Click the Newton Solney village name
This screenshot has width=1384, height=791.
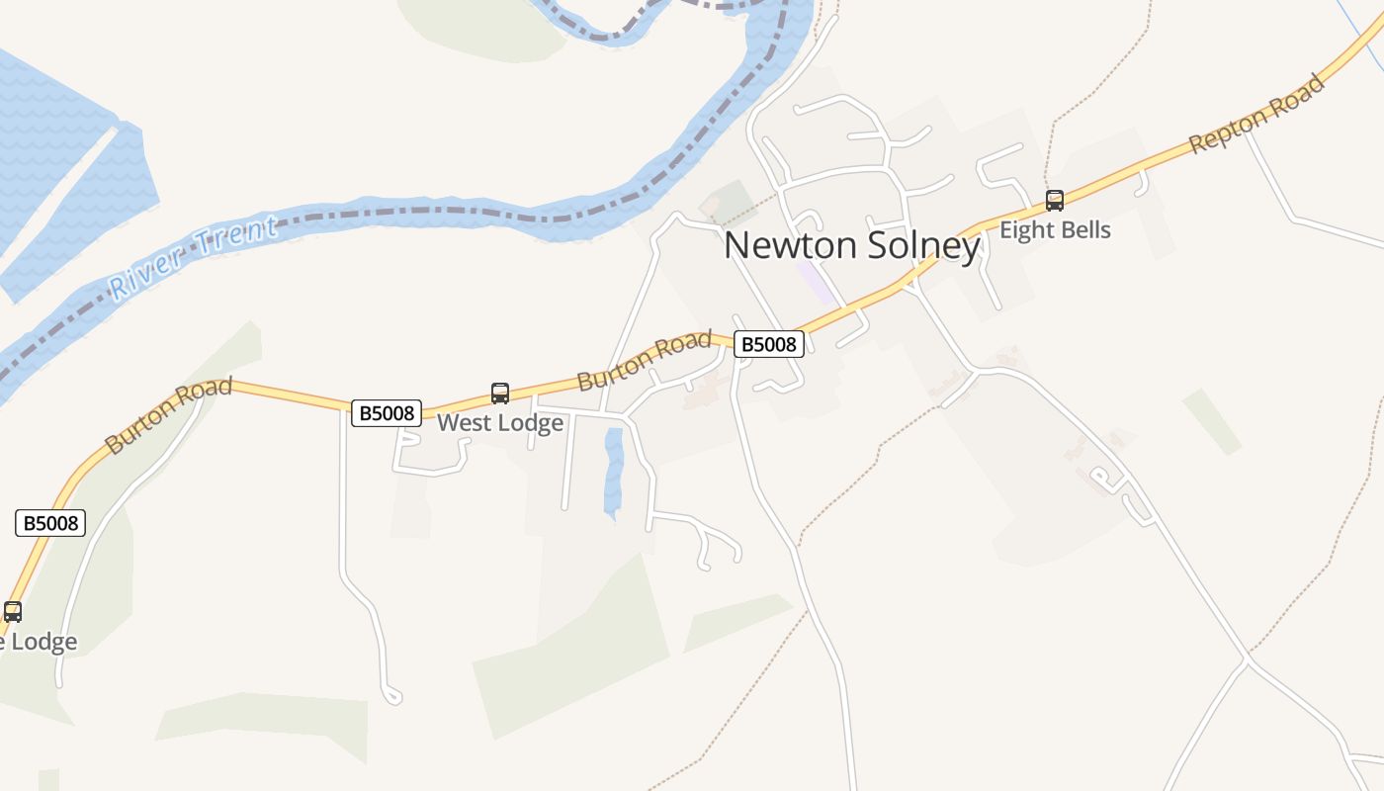[x=851, y=246]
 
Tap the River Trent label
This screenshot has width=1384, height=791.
[x=193, y=258]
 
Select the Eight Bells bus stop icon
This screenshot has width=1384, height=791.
[x=1055, y=201]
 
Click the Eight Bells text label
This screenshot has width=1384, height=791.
[x=1055, y=230]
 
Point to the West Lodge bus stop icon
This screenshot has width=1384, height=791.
[x=500, y=394]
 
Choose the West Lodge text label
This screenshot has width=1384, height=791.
[x=500, y=423]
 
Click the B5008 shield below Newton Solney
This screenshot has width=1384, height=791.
[x=768, y=344]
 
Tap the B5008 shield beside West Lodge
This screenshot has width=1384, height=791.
[x=387, y=413]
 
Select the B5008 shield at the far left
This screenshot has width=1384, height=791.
[x=50, y=523]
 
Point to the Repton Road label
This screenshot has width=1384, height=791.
[x=1256, y=114]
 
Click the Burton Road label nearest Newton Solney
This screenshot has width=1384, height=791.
[x=645, y=361]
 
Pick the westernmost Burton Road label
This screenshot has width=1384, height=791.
[x=168, y=415]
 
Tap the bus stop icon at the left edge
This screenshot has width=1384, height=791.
[x=12, y=612]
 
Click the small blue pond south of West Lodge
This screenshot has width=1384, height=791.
[x=614, y=473]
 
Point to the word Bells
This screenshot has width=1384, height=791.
[x=1082, y=230]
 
